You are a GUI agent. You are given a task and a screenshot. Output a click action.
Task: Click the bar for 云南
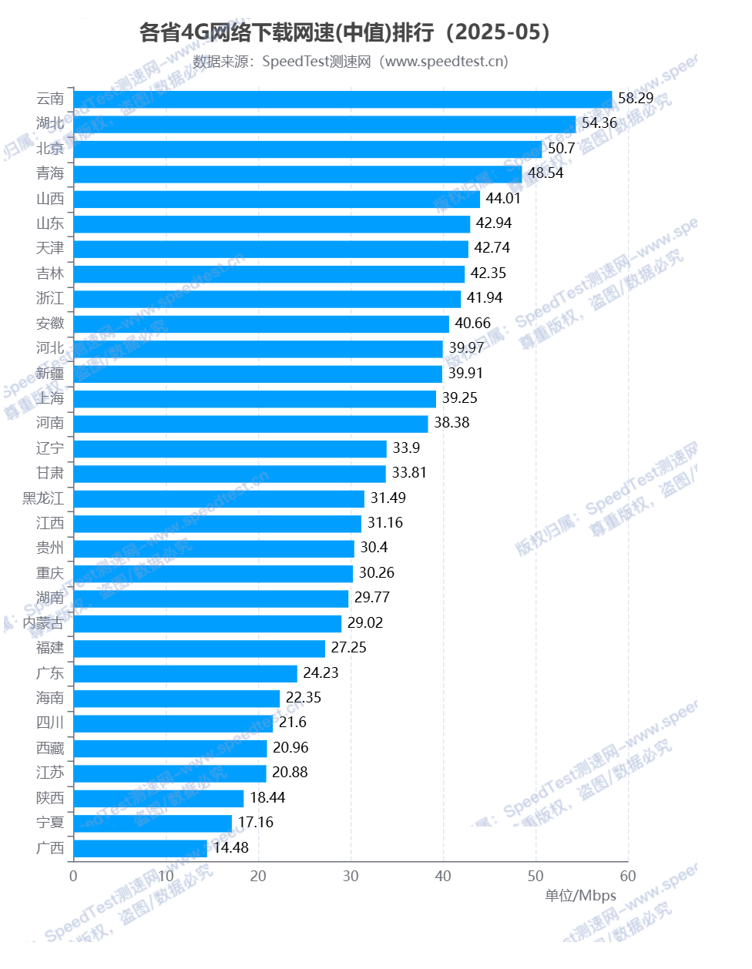click(x=343, y=99)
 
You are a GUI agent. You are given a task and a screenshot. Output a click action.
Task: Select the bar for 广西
click(x=140, y=848)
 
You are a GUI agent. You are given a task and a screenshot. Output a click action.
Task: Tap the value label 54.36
click(x=599, y=123)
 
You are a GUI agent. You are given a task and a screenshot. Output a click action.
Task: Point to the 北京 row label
click(x=50, y=149)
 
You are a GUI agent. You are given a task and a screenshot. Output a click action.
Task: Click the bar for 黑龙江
click(x=219, y=498)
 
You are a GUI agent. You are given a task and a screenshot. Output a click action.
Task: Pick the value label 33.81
click(x=409, y=473)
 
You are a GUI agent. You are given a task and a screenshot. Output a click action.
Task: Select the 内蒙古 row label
click(x=43, y=623)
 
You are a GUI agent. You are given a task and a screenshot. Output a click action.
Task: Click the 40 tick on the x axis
click(x=443, y=877)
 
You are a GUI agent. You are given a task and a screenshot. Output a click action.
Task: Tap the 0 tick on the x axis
click(x=73, y=877)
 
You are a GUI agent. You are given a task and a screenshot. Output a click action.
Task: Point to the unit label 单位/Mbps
click(x=581, y=896)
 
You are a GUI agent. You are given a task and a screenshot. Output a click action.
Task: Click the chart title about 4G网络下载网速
click(x=344, y=32)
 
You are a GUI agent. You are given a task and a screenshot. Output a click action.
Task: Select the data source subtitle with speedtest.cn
click(x=351, y=62)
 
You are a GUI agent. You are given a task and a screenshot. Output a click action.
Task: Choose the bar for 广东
click(x=185, y=673)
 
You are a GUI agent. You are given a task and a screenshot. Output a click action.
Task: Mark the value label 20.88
click(x=290, y=773)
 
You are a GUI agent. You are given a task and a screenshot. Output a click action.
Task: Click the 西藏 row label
click(x=50, y=748)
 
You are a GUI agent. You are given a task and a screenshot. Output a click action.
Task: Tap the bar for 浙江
click(x=267, y=299)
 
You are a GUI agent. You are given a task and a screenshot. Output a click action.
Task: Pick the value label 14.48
click(x=231, y=848)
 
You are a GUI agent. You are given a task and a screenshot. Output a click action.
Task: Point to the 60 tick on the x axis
click(x=628, y=877)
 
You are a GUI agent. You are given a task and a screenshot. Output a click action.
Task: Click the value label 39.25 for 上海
click(x=460, y=398)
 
